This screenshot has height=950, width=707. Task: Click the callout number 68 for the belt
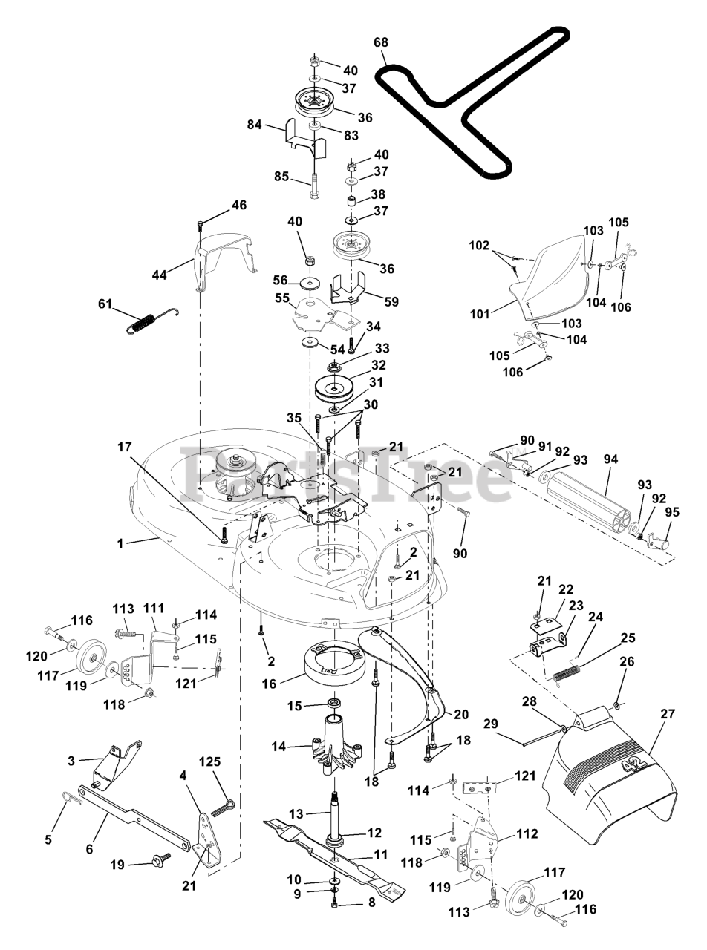coord(381,42)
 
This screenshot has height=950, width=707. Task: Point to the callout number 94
coord(610,459)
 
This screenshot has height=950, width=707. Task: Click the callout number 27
coord(668,713)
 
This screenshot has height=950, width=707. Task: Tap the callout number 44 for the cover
coord(160,275)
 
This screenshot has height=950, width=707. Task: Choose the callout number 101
coord(480,314)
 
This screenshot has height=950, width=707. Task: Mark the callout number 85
coord(281,177)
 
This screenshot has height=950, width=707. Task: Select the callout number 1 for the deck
coord(120,543)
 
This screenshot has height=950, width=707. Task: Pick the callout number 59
coord(391,301)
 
